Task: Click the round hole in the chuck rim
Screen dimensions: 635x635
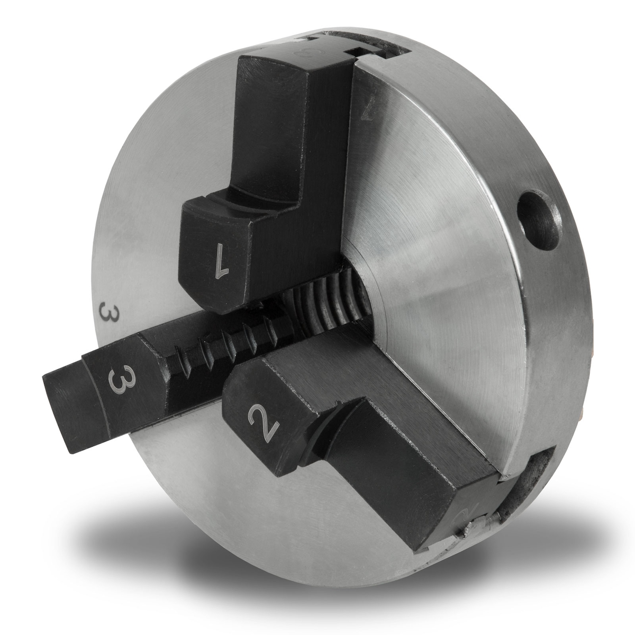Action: (x=538, y=215)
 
